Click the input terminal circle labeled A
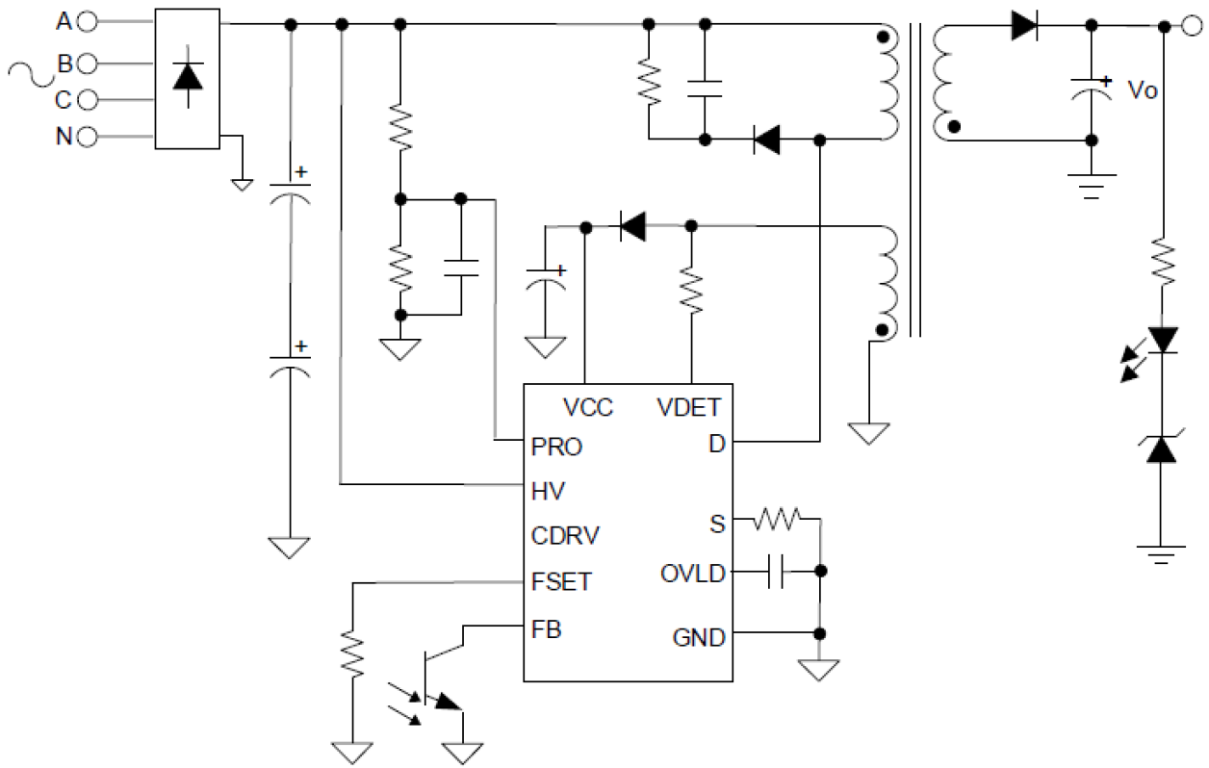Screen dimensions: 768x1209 86,22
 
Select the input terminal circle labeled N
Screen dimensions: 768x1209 86,137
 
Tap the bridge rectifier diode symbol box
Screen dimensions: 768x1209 187,78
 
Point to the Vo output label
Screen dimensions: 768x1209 1142,90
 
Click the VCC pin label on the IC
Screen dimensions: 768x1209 588,408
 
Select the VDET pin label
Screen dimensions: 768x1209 688,408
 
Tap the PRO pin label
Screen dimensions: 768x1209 556,448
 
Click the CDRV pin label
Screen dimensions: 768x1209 562,535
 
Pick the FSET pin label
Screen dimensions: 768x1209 561,582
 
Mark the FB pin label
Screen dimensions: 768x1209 546,630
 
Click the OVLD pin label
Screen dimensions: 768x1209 692,575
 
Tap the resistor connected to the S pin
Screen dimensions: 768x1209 777,520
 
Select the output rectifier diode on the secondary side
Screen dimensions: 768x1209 1024,25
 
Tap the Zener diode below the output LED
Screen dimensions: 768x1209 1165,448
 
